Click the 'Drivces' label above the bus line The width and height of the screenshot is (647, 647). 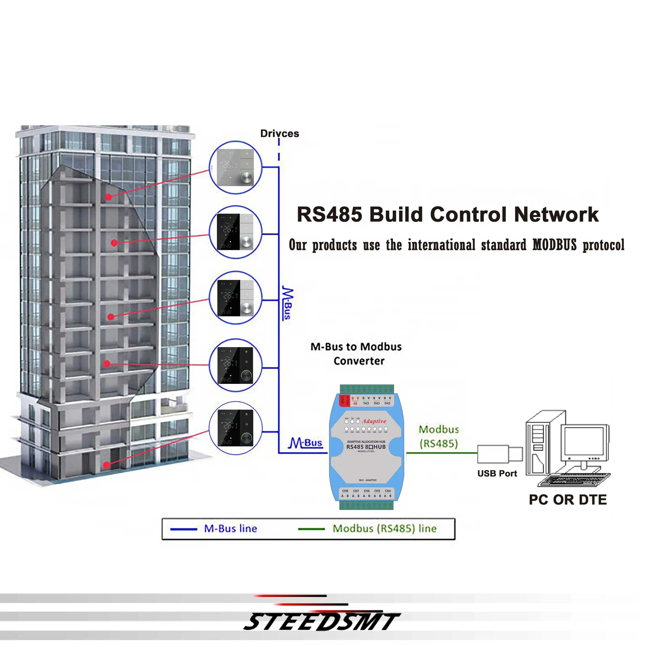coord(280,134)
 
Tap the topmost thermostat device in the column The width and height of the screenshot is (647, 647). coord(236,167)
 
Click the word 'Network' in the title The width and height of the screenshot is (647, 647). coord(556,214)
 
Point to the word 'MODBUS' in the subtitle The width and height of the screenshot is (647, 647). coord(554,245)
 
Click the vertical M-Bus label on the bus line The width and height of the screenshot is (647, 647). coord(287,303)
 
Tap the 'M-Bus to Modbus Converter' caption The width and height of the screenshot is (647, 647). coord(356,354)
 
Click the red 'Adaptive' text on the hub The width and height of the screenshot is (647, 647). coord(374,421)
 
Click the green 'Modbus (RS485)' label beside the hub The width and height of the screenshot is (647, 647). coord(439,436)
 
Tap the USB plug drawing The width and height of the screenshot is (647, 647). coord(499,454)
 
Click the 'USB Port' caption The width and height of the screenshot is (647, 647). coord(497,474)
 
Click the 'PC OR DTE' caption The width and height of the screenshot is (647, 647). coord(568,500)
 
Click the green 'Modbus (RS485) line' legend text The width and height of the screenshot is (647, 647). coord(385,528)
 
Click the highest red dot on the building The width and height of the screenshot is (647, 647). coord(108,197)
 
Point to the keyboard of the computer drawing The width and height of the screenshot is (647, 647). coord(573,480)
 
